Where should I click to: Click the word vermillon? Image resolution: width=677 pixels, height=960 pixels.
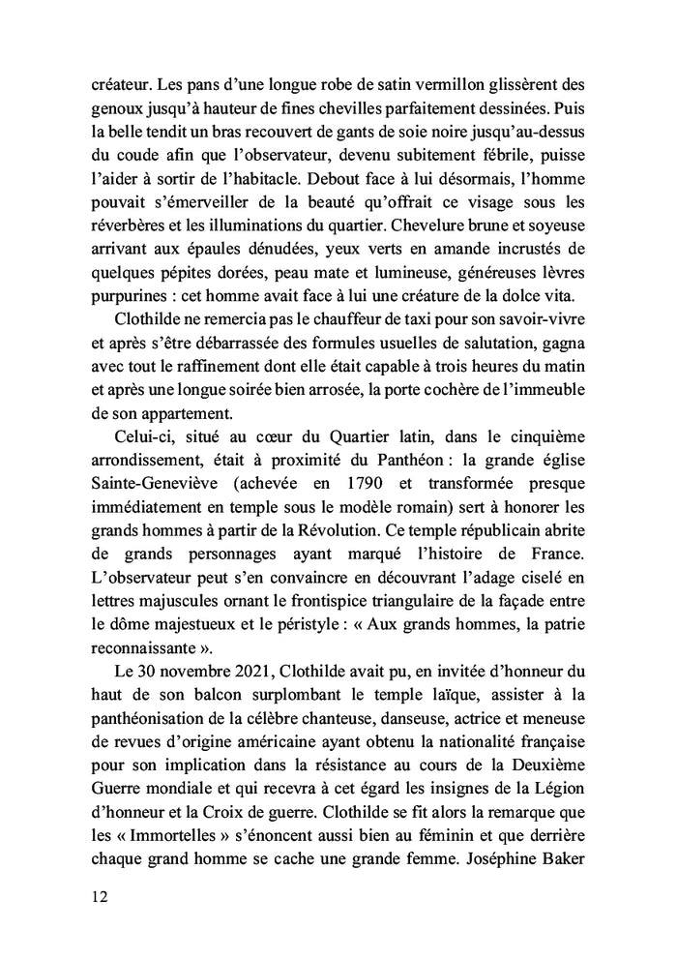tap(458, 84)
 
